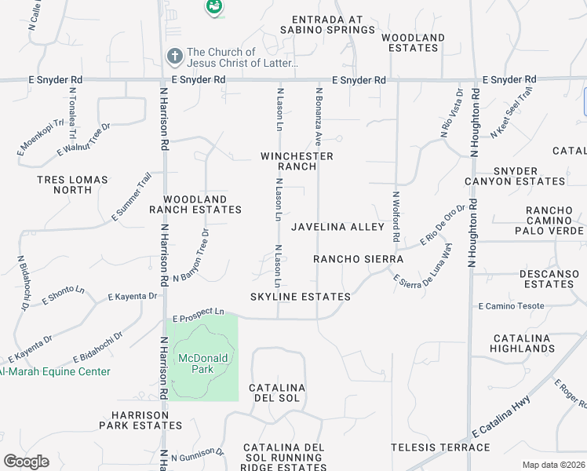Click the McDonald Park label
tap(202, 363)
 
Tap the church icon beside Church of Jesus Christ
tap(175, 57)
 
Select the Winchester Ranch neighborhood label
tap(297, 161)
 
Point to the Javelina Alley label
tap(338, 227)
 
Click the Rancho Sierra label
tap(358, 259)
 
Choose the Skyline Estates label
tap(300, 297)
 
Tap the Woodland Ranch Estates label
tap(195, 205)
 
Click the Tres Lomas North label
tap(72, 184)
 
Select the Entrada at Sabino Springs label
tap(333, 25)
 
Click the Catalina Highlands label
tap(523, 343)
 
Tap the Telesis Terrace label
tap(449, 447)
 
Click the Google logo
tap(26, 462)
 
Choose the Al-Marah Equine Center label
tap(55, 372)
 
